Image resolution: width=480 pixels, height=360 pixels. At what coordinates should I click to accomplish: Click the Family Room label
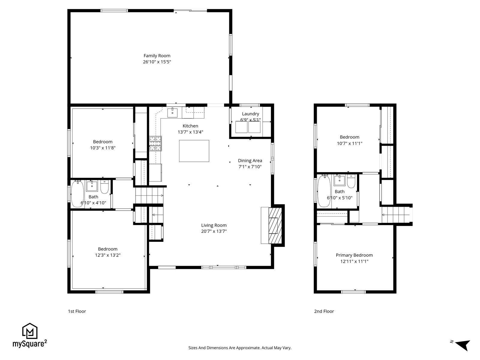(x=157, y=56)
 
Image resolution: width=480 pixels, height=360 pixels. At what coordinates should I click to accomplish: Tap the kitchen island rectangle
(x=194, y=151)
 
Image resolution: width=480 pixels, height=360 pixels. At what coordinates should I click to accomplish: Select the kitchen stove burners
(x=155, y=143)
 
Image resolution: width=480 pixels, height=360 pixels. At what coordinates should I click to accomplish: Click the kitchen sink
(x=172, y=112)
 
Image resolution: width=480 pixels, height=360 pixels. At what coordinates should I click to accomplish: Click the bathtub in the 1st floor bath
(x=77, y=193)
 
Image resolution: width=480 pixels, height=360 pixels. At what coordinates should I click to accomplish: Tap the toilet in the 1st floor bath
(x=104, y=187)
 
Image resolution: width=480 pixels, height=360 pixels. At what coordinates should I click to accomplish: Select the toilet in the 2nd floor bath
(x=351, y=181)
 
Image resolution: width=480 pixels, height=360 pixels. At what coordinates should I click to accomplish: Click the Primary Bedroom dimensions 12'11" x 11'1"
(x=354, y=261)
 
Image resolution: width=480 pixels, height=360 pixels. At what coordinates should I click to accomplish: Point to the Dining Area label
(x=250, y=160)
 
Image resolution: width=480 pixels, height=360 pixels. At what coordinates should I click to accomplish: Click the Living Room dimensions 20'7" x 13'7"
(x=214, y=231)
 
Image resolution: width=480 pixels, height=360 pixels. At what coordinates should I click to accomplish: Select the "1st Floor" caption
(x=77, y=311)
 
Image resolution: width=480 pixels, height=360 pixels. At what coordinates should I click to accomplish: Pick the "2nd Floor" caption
(x=324, y=311)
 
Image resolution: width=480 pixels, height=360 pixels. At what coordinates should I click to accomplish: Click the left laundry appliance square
(x=241, y=127)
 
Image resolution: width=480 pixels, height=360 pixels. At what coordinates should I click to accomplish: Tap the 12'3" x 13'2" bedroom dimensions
(x=108, y=255)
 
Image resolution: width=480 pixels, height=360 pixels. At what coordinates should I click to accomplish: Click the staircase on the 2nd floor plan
(x=395, y=215)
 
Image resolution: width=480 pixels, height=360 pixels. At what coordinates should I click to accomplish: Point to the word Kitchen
(x=190, y=126)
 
